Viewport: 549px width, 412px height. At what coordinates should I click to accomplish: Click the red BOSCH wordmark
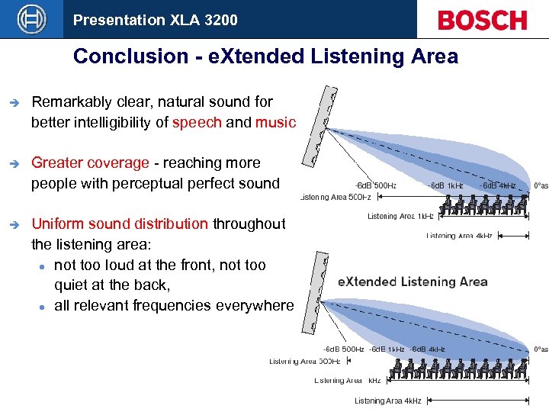(x=482, y=20)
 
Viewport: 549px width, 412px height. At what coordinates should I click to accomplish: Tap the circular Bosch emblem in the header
(x=32, y=19)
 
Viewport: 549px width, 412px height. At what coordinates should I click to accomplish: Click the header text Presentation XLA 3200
(x=155, y=20)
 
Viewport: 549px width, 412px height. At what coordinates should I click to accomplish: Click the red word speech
(x=197, y=122)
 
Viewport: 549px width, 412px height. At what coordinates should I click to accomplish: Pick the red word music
(x=275, y=122)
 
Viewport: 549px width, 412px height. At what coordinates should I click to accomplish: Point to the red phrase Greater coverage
(x=90, y=163)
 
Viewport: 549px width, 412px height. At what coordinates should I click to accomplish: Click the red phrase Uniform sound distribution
(x=120, y=224)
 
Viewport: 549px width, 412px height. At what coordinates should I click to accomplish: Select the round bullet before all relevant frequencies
(x=43, y=307)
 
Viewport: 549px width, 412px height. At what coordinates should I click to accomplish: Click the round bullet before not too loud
(x=43, y=266)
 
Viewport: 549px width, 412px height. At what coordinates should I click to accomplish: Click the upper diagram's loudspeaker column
(x=319, y=126)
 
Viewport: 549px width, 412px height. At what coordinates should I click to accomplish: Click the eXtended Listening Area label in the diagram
(x=412, y=282)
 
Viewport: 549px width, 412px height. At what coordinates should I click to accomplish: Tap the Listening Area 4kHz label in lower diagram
(x=387, y=401)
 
